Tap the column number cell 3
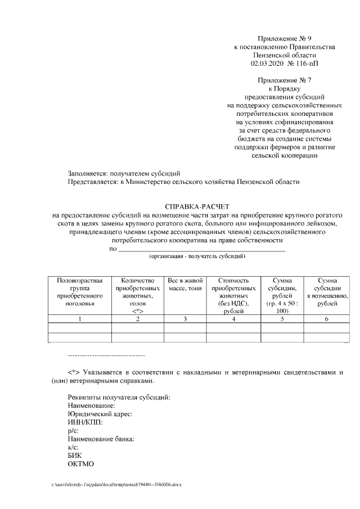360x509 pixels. (x=184, y=319)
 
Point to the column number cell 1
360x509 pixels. (x=80, y=319)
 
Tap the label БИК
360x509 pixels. (x=74, y=456)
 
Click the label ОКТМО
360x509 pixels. (x=80, y=464)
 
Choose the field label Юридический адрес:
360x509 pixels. (x=100, y=413)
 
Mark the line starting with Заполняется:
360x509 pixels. (x=124, y=173)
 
